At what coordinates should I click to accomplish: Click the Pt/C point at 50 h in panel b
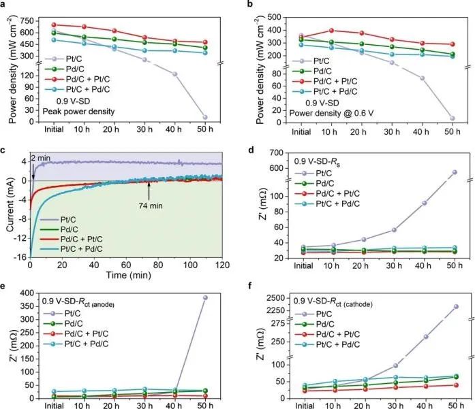coord(453,118)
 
